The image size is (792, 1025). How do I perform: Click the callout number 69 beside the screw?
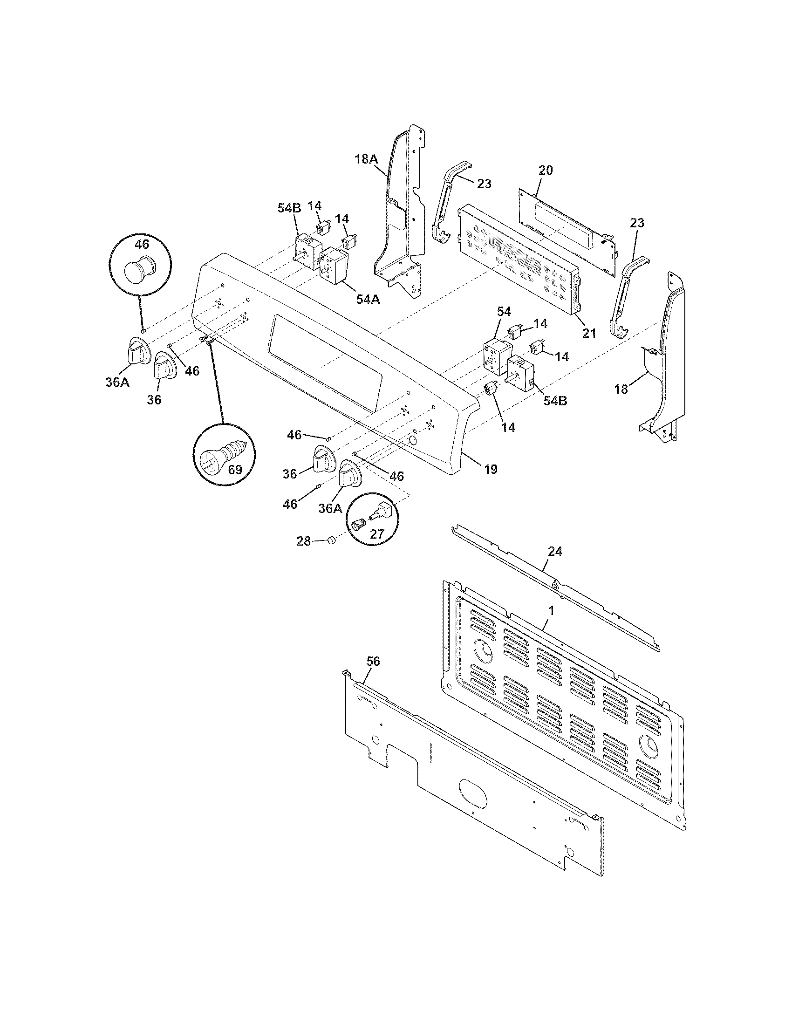[235, 469]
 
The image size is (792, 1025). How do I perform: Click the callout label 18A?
[366, 159]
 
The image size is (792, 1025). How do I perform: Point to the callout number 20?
[545, 171]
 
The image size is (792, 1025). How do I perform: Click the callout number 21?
[589, 333]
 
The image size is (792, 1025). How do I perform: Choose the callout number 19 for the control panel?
[490, 469]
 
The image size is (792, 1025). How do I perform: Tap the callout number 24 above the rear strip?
[555, 551]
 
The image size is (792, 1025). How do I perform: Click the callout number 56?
[374, 661]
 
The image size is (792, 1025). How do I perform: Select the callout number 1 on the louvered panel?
[552, 611]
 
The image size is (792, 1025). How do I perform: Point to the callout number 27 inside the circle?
[377, 533]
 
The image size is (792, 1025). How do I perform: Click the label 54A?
[368, 299]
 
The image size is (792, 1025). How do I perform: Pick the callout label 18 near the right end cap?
[621, 389]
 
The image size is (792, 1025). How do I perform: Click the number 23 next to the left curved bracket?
[484, 184]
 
